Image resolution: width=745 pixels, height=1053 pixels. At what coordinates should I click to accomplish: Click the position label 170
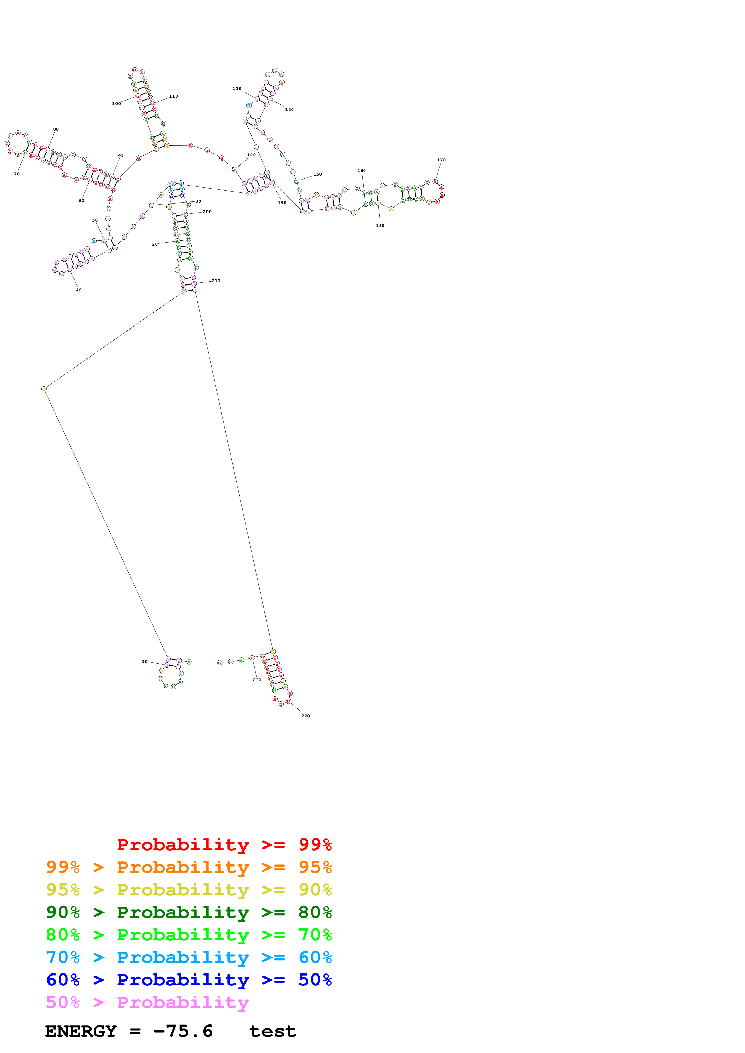pos(441,160)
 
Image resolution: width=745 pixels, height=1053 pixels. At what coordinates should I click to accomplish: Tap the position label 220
pos(305,716)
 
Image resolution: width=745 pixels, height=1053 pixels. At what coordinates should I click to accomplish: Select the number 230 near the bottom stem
pos(257,680)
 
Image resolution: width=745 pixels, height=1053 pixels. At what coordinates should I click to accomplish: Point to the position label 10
pos(145,662)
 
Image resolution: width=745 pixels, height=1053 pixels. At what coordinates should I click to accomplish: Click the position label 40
pos(79,290)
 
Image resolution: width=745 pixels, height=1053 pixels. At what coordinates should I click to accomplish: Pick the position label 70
pos(17,174)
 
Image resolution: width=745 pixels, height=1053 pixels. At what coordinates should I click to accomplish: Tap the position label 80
pos(56,129)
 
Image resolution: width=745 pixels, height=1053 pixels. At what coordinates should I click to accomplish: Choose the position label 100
pos(117,104)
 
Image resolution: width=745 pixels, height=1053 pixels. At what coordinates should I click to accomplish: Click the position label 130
pos(237,89)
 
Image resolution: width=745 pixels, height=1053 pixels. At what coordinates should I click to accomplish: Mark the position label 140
pos(289,110)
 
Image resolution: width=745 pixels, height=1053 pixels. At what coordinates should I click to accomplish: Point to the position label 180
pos(380,226)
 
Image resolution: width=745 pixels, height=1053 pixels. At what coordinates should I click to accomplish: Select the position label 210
pos(216,281)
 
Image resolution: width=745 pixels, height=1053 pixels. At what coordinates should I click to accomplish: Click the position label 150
pos(318,174)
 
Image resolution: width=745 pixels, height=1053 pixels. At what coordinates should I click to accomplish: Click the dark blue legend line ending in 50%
pos(189,980)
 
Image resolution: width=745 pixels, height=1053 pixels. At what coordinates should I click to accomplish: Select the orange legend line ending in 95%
pos(189,867)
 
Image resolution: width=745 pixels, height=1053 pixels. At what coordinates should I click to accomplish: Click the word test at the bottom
pos(272,1031)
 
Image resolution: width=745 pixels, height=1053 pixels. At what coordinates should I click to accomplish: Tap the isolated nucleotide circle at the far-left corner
pos(44,389)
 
